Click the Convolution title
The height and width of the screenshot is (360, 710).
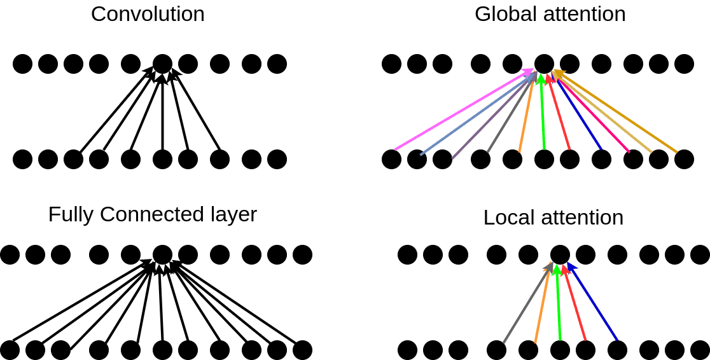[x=148, y=14]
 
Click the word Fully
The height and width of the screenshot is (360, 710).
[x=71, y=214]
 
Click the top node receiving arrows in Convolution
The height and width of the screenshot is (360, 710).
[x=162, y=64]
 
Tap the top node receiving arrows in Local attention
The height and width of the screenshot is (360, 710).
[x=560, y=254]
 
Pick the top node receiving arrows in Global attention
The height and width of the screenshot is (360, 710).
[x=544, y=64]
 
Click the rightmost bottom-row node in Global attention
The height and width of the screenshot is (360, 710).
[x=684, y=159]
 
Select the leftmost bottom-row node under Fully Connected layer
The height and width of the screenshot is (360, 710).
[x=10, y=350]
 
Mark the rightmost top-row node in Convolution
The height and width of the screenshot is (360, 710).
[x=277, y=64]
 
